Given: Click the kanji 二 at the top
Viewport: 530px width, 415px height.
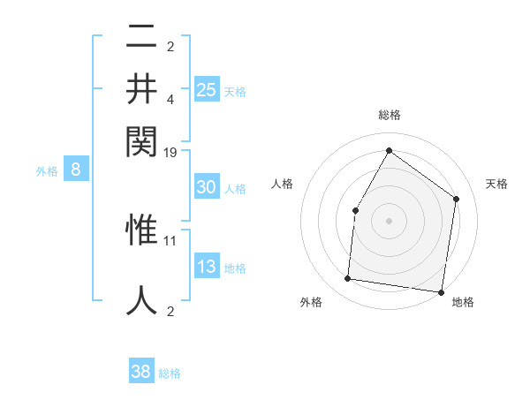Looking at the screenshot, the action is [x=141, y=39].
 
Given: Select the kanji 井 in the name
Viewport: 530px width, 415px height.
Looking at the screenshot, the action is [x=141, y=89].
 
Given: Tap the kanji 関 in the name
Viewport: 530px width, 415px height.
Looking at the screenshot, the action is [x=141, y=139].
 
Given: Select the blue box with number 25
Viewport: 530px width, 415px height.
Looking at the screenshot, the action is [x=206, y=89].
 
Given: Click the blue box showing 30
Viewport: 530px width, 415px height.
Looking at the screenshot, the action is [x=206, y=187].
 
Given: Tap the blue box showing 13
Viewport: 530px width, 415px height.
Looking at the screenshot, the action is [x=206, y=268].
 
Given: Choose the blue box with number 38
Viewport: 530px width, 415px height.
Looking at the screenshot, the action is [x=141, y=372].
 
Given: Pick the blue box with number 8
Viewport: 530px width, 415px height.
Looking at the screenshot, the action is [x=76, y=170].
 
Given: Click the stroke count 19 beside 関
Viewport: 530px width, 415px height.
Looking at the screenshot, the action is [x=170, y=152].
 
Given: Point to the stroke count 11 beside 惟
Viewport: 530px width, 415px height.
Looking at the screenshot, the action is [x=170, y=239].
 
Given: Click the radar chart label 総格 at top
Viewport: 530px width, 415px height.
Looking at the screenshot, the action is [x=389, y=115].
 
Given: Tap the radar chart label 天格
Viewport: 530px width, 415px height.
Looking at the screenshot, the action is [x=496, y=184].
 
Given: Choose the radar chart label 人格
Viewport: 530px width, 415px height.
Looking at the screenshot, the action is [x=282, y=184].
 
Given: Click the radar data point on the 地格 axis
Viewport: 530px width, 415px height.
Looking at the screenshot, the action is [x=441, y=291].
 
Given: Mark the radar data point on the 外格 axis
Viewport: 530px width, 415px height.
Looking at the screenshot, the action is [x=348, y=279].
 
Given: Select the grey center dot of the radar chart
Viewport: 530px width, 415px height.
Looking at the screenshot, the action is [x=389, y=221].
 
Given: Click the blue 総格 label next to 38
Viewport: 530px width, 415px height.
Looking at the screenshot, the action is [x=170, y=373].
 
